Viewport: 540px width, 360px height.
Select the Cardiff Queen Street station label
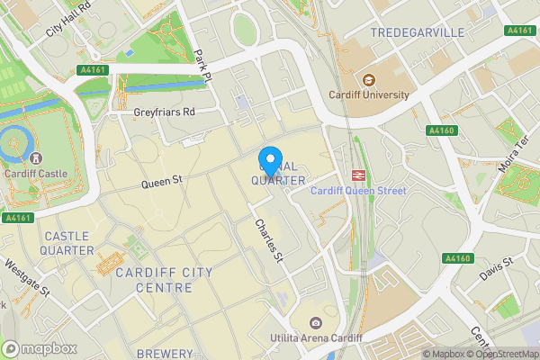click(x=358, y=191)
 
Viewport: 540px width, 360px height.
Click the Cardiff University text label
click(x=370, y=94)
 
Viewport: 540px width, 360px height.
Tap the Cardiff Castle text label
click(x=35, y=174)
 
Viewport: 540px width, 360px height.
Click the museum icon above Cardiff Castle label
click(x=35, y=158)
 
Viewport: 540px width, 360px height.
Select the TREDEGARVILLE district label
click(x=417, y=32)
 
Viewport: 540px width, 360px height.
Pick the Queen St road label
click(x=161, y=181)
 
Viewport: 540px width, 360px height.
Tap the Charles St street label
click(x=269, y=240)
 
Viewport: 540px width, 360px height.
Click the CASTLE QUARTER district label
click(x=67, y=243)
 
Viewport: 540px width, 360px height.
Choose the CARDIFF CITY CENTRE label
click(x=163, y=280)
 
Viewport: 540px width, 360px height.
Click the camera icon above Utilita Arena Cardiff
click(x=315, y=323)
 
